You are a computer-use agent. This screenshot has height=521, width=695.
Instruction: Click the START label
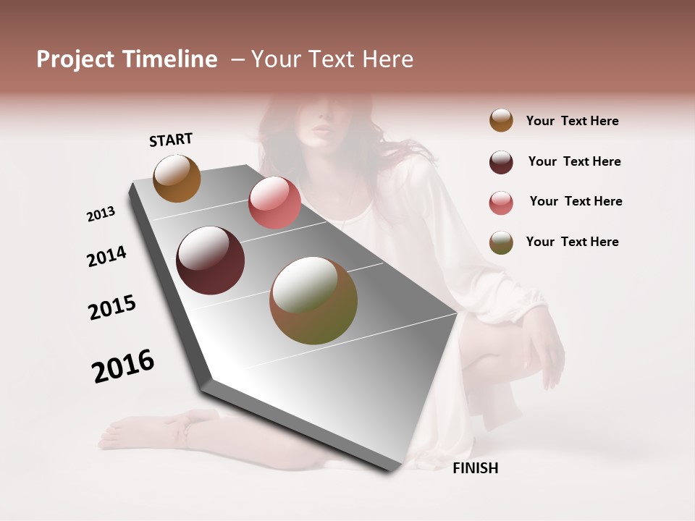[171, 140]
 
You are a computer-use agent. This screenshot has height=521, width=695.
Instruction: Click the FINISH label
[475, 468]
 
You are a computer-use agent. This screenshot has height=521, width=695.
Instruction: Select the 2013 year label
[101, 214]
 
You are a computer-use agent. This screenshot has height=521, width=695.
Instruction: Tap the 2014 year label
[106, 256]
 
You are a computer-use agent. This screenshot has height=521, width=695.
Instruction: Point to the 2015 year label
[112, 308]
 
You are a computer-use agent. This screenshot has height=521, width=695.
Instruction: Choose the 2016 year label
[123, 365]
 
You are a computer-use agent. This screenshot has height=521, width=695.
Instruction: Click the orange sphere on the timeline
[177, 178]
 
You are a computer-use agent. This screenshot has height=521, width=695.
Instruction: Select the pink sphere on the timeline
[274, 203]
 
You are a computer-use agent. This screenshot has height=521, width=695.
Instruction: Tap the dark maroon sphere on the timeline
[210, 260]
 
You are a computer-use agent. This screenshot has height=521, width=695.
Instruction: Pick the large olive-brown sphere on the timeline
[313, 300]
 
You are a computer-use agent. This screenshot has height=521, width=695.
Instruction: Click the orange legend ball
[501, 121]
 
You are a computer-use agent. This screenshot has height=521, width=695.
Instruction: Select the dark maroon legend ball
[501, 162]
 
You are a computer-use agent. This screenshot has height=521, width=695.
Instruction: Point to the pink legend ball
[501, 203]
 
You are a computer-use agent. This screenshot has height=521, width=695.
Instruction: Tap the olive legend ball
[501, 242]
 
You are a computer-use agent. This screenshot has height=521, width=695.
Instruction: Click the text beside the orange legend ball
[572, 122]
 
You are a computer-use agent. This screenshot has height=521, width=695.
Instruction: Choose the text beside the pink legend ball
[576, 201]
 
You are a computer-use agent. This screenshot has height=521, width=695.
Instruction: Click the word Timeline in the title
[169, 59]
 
